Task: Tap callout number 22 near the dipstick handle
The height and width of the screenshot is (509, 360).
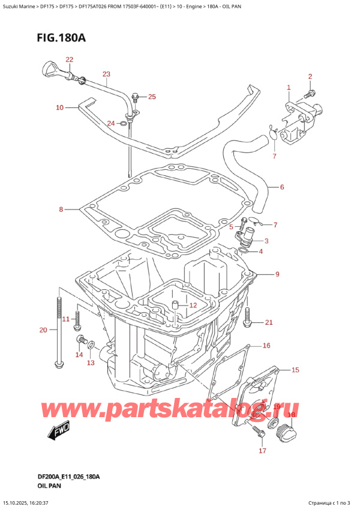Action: [70, 59]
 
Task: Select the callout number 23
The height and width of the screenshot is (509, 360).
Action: [106, 74]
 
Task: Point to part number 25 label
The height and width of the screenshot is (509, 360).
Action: [151, 97]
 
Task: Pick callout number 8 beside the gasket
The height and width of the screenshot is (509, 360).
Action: [61, 209]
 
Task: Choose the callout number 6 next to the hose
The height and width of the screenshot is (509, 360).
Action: [281, 187]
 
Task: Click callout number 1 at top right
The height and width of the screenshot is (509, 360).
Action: [289, 88]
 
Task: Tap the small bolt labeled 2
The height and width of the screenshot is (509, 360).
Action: [308, 94]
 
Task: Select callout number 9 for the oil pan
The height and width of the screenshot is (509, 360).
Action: [277, 275]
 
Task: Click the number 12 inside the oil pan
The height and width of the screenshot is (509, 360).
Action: [193, 306]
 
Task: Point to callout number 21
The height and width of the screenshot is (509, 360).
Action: [269, 323]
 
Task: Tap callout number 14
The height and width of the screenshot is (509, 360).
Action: [79, 355]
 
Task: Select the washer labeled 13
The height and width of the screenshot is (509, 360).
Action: [90, 346]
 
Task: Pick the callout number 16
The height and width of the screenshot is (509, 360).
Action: [266, 346]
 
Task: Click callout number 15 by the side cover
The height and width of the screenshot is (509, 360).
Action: [294, 370]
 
